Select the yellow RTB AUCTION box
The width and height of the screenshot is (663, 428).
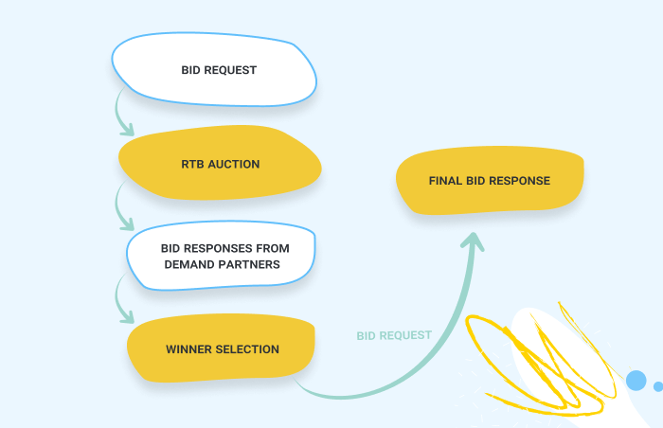pyautogui.click(x=220, y=164)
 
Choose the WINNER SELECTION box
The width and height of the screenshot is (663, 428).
pyautogui.click(x=222, y=348)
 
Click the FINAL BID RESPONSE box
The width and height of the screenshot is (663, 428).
pyautogui.click(x=489, y=181)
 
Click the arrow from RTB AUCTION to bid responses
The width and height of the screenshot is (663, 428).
pyautogui.click(x=121, y=206)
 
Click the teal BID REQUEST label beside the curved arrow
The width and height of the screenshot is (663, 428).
pyautogui.click(x=394, y=335)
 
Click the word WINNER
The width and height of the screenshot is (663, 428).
pyautogui.click(x=188, y=348)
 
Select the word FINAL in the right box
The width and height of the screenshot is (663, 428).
pyautogui.click(x=446, y=181)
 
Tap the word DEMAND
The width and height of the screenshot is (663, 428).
pyautogui.click(x=191, y=264)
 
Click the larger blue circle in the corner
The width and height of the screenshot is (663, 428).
pyautogui.click(x=636, y=381)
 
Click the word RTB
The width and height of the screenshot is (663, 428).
pyautogui.click(x=192, y=164)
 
